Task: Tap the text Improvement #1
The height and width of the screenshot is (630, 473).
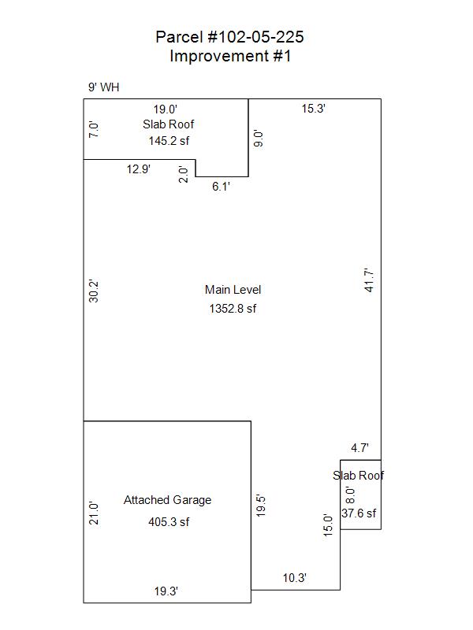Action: click(230, 56)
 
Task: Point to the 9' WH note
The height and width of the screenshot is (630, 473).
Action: click(104, 87)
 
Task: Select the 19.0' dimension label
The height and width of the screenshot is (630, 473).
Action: click(166, 109)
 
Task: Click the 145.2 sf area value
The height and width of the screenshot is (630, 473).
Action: click(169, 141)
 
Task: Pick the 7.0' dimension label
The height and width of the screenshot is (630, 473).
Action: click(93, 129)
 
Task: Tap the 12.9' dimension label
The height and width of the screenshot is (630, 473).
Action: click(139, 169)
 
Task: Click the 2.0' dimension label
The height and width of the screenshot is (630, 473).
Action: click(184, 174)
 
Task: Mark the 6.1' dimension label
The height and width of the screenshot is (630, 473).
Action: click(221, 187)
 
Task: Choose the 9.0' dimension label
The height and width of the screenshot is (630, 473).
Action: click(259, 139)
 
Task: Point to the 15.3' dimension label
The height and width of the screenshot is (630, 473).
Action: click(313, 109)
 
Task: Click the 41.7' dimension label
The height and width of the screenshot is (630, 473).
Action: click(369, 280)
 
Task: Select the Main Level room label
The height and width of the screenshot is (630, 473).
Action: click(233, 290)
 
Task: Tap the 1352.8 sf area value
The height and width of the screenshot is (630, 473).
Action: click(233, 309)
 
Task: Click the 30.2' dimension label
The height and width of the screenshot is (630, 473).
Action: click(93, 291)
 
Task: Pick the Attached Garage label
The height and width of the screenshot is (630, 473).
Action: click(167, 500)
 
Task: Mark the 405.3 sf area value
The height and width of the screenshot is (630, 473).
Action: click(169, 522)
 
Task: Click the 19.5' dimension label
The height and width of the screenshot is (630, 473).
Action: click(261, 506)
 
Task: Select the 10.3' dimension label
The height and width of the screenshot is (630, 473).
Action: click(294, 578)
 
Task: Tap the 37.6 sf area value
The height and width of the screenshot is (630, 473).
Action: click(359, 513)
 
